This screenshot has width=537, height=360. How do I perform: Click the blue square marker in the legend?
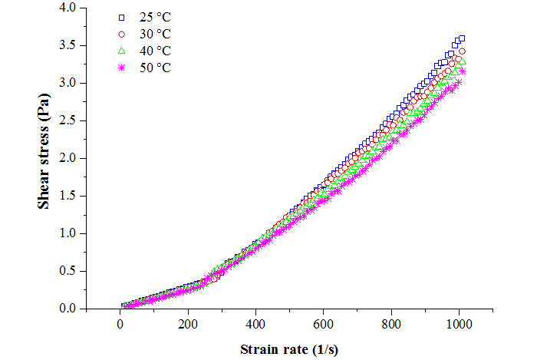pos(120,17)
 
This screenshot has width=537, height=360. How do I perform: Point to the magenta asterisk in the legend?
pos(120,68)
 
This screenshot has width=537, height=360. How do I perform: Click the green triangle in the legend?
pos(120,51)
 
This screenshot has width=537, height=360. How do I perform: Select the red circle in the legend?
pos(120,34)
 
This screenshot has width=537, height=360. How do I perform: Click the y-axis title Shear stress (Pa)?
pos(46,157)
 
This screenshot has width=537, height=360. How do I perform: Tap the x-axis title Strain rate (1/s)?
pos(289,349)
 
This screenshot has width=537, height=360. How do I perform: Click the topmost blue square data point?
pos(461,38)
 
